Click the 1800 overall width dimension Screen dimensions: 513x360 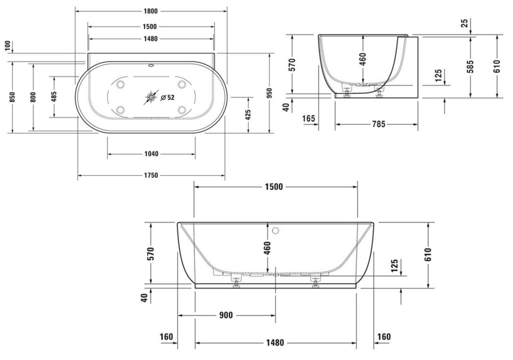tap(150, 12)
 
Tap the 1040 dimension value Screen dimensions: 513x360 tap(151, 154)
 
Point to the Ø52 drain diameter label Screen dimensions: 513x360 tap(167, 97)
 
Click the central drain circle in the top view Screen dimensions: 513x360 tap(151, 97)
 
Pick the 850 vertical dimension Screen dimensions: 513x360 tap(12, 97)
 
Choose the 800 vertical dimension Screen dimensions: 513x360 tap(33, 97)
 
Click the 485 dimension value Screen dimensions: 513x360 tap(54, 97)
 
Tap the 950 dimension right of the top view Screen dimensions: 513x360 tap(270, 94)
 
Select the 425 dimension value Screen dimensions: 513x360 tap(248, 115)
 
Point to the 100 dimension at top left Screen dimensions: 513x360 tap(9, 46)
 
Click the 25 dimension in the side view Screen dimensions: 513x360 tap(465, 24)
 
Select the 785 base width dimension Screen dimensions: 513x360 tap(379, 124)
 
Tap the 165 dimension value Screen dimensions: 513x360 tap(309, 118)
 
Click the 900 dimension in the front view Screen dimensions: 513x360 tap(226, 315)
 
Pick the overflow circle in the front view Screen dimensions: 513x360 tap(276, 231)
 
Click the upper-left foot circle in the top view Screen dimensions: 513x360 tap(120, 84)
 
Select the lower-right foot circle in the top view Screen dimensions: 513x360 tap(182, 110)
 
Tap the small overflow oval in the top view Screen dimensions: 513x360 tap(151, 65)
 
